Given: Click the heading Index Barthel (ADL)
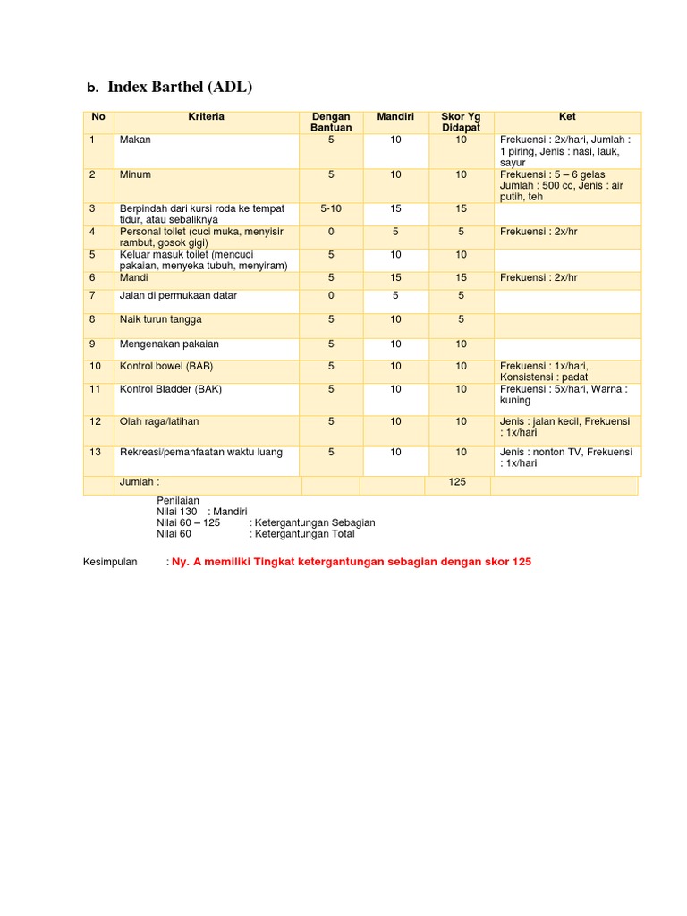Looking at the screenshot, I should [180, 87].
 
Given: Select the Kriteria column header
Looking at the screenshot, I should [206, 117].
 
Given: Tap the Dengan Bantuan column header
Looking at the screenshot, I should [330, 123].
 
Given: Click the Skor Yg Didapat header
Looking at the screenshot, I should [461, 123].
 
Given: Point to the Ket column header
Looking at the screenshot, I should [567, 117].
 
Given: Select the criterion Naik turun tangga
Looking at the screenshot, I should [160, 319].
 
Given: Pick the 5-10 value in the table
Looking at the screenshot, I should [330, 208].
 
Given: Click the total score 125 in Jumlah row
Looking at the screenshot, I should [458, 483].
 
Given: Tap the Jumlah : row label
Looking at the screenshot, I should [140, 483].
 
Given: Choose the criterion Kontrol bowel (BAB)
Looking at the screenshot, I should [166, 367].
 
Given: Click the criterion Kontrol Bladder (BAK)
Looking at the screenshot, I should [170, 390].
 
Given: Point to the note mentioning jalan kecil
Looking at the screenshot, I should [564, 427].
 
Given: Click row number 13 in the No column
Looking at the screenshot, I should [95, 453].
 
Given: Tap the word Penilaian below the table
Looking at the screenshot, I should [178, 500].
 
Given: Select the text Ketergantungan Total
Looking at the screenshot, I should [303, 534].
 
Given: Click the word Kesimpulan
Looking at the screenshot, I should [110, 562].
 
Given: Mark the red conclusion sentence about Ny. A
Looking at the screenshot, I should [352, 562].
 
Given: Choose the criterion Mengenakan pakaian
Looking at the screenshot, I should [169, 344].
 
